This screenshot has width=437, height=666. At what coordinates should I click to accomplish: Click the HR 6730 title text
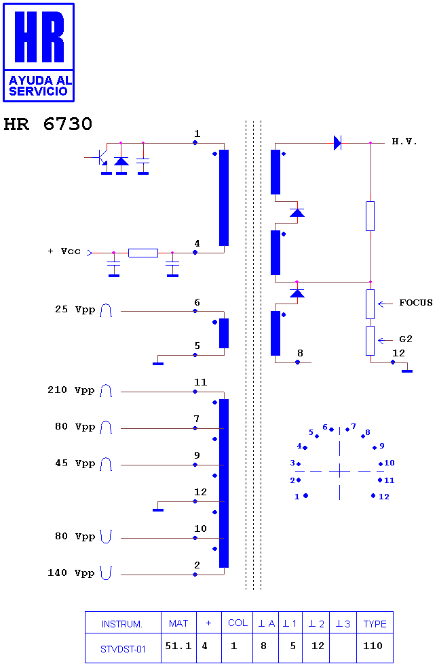point(47,124)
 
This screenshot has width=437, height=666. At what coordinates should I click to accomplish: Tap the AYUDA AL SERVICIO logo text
point(39,86)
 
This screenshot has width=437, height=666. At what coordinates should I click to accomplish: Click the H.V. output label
point(404,142)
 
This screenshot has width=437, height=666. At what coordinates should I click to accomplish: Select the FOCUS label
point(416,303)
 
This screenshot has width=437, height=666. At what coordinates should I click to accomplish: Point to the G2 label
point(406,339)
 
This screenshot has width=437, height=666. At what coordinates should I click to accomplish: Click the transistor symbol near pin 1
point(102,157)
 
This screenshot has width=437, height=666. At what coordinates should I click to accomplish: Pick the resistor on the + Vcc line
point(143,253)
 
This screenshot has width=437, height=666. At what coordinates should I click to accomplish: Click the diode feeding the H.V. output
point(338,143)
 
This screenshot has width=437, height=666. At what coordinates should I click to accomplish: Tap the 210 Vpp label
point(71,390)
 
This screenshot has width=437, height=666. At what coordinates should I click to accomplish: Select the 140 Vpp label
point(71,573)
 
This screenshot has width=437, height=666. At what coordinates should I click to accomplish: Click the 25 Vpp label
point(75,309)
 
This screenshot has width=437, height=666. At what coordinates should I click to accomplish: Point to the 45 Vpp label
point(75,463)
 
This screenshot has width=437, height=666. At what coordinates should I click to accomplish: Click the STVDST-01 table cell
point(123,649)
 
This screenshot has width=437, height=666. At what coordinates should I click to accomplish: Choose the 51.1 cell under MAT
point(178,646)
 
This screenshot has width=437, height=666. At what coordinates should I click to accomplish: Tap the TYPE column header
point(375,624)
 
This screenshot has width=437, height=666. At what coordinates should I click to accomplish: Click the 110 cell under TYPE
point(373,646)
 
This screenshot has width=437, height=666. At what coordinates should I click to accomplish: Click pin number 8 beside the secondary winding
point(301,353)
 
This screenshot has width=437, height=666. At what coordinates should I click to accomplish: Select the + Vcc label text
point(64,251)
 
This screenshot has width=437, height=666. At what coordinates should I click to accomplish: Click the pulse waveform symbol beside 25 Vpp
point(106,310)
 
